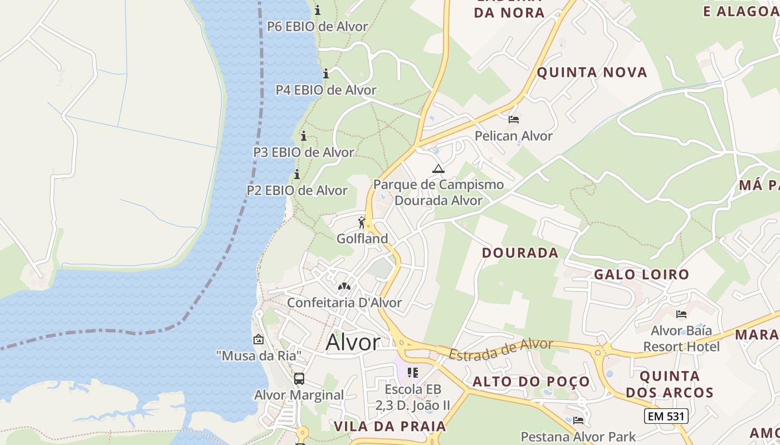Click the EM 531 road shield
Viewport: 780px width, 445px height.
[x=666, y=416]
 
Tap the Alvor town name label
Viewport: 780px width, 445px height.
[x=353, y=342]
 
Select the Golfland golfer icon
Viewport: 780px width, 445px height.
[x=362, y=223]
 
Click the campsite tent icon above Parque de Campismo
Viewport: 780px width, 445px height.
[x=438, y=169]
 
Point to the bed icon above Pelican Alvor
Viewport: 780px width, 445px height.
[x=514, y=120]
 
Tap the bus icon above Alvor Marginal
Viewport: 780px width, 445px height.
[x=299, y=379]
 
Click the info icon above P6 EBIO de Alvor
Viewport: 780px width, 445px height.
[x=318, y=10]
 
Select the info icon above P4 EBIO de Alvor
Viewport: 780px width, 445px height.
[x=326, y=73]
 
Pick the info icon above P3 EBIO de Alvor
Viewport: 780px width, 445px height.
[x=304, y=136]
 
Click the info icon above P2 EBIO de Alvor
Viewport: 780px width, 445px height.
[x=297, y=174]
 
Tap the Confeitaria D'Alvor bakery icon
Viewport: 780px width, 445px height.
[x=344, y=286]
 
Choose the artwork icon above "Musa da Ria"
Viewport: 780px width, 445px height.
[x=259, y=339]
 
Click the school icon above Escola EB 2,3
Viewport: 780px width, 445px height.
[x=412, y=372]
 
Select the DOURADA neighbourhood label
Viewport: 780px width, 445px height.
[x=520, y=253]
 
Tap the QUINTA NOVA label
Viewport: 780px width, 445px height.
[x=592, y=72]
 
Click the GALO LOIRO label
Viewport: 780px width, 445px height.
[x=641, y=274]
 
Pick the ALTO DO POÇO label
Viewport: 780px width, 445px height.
[x=531, y=382]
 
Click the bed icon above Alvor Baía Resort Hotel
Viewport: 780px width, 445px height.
[x=681, y=314]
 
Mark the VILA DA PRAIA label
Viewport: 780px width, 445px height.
[x=390, y=427]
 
